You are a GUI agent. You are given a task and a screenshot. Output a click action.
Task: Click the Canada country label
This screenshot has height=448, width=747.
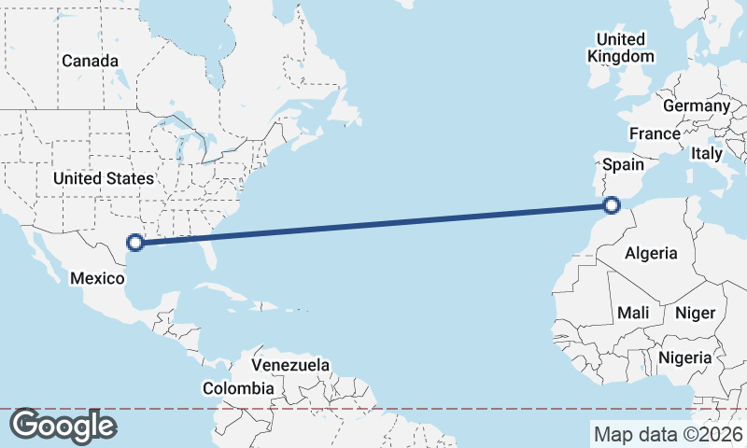[x=91, y=61]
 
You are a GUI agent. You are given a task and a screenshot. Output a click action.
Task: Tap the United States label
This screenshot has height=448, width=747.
[x=104, y=178]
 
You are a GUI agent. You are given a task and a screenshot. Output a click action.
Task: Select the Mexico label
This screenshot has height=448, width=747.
[x=98, y=278]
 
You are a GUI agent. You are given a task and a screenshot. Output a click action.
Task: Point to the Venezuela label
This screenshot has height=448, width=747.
[x=291, y=364]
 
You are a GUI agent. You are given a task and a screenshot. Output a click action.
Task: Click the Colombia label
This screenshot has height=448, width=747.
[x=239, y=387]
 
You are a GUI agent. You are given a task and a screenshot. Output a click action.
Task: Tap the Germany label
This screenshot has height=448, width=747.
[x=697, y=105]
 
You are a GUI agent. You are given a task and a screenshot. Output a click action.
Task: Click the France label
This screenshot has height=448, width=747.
[x=655, y=133]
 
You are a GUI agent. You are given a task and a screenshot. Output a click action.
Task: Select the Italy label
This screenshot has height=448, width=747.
[x=707, y=153]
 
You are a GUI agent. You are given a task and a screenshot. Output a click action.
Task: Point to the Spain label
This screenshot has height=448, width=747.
[x=623, y=164]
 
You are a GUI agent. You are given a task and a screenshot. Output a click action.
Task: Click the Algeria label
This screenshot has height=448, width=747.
[x=652, y=253]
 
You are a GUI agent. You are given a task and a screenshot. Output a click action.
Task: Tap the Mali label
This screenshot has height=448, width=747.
[x=632, y=313]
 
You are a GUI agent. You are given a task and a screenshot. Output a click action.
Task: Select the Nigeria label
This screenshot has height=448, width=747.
[x=685, y=357]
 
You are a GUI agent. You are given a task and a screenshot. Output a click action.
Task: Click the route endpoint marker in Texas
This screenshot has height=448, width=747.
[x=135, y=243]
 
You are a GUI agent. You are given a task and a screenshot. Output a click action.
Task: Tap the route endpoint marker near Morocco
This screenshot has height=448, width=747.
[x=612, y=205]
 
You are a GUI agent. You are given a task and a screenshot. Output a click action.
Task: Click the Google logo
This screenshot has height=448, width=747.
[x=63, y=426]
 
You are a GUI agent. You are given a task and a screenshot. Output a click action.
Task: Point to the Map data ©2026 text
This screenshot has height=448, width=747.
[x=668, y=434]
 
